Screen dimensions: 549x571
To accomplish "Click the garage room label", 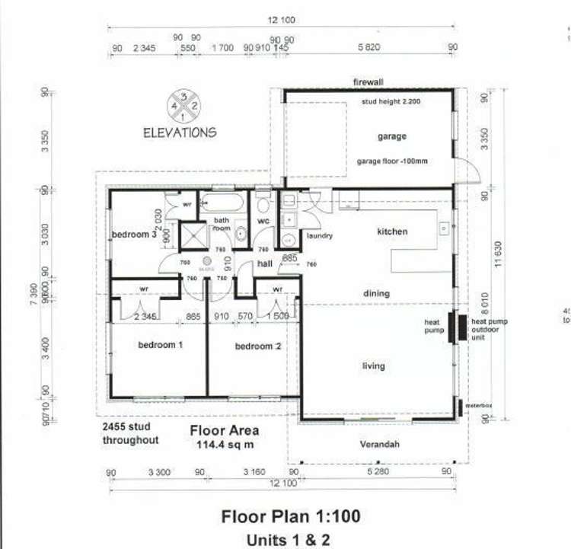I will [x=392, y=137].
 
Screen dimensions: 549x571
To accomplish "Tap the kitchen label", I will [x=392, y=231].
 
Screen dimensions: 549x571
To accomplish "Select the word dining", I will [x=376, y=293].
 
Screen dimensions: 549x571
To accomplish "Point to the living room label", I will [x=373, y=366].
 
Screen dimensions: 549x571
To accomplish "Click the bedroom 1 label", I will [x=161, y=345].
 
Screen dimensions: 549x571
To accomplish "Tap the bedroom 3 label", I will [x=134, y=235].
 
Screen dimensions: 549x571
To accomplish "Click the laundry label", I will [x=320, y=236].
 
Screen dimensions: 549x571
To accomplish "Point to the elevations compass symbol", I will [x=185, y=106].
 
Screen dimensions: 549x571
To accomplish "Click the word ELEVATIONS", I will [x=180, y=132].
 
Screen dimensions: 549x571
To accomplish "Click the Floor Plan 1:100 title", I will [x=291, y=517].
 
